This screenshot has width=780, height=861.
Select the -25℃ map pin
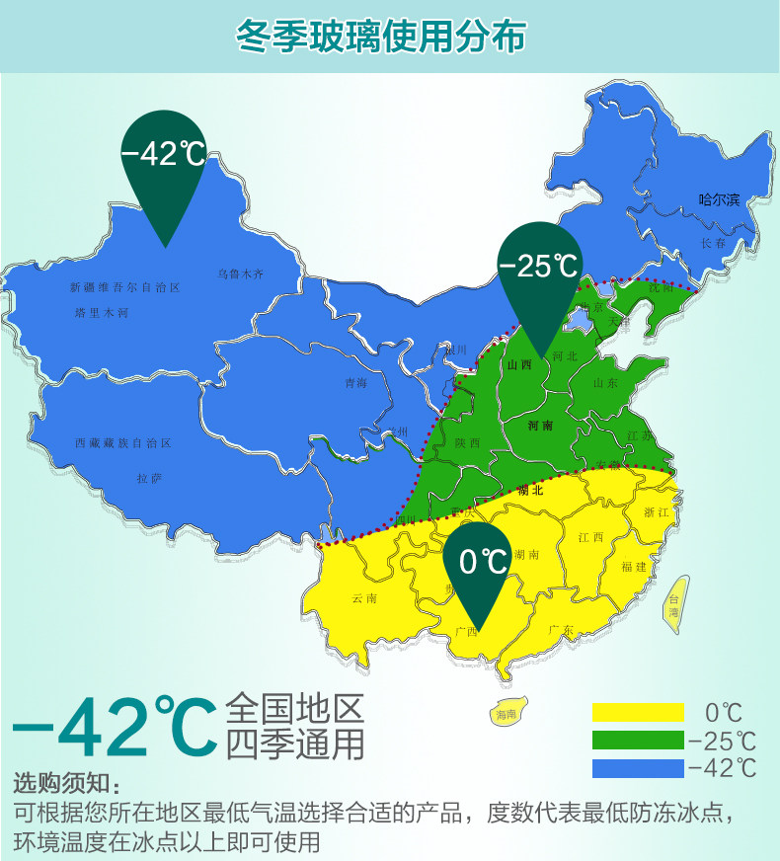539,272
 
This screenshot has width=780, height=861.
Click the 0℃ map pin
483,567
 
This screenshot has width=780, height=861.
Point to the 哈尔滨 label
719,199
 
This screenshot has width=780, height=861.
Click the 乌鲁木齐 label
241,274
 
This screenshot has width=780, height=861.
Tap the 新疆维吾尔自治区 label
125,288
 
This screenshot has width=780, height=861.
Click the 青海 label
355,383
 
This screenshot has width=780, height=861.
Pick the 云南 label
363,598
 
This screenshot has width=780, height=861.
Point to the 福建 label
634,567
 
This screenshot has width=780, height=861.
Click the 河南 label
540,426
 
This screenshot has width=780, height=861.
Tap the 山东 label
605,383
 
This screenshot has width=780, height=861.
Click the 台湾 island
675,603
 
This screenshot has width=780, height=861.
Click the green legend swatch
638,740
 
